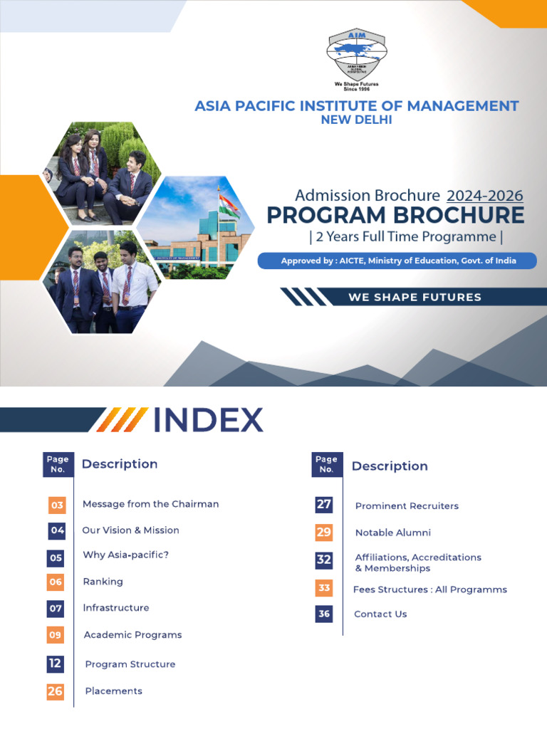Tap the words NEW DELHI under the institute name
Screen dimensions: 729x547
pos(357,120)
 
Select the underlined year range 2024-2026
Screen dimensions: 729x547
pos(484,196)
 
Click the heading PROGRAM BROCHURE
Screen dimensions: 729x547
pos(395,215)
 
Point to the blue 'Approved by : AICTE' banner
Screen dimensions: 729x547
pos(397,261)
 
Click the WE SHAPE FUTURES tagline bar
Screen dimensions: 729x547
pos(415,297)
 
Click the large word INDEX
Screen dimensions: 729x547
pos(209,420)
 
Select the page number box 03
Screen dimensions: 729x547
pos(56,505)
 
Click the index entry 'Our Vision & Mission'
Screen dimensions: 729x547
pos(130,530)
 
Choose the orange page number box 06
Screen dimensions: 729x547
pos(56,582)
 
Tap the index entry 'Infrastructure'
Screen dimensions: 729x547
pos(116,608)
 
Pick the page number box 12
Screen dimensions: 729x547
pos(56,664)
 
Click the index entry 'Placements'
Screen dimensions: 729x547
pos(113,691)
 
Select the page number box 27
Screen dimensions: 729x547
pos(324,505)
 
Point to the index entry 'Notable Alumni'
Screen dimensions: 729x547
pos(392,533)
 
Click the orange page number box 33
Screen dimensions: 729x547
pos(324,588)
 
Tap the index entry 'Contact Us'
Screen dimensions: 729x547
pos(380,614)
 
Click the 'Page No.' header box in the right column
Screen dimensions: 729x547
pos(326,464)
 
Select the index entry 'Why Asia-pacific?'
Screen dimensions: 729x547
pos(125,555)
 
